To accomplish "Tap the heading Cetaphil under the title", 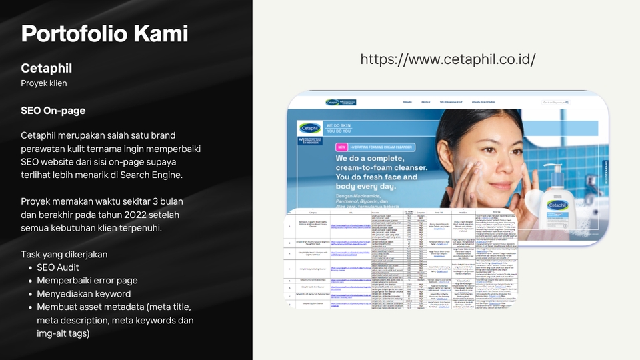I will click(x=46, y=69).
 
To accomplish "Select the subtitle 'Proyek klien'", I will click(x=44, y=83).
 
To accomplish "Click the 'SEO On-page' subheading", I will click(x=53, y=110).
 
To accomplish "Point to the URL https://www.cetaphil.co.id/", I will click(x=448, y=59).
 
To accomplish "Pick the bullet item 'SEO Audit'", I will click(x=58, y=267).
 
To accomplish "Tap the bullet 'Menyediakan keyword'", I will click(x=84, y=294).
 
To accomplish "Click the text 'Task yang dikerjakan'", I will click(x=64, y=254).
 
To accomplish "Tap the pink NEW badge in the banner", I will click(x=341, y=147).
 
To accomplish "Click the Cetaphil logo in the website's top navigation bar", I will click(x=332, y=103).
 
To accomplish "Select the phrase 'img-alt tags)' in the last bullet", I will click(x=63, y=333).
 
